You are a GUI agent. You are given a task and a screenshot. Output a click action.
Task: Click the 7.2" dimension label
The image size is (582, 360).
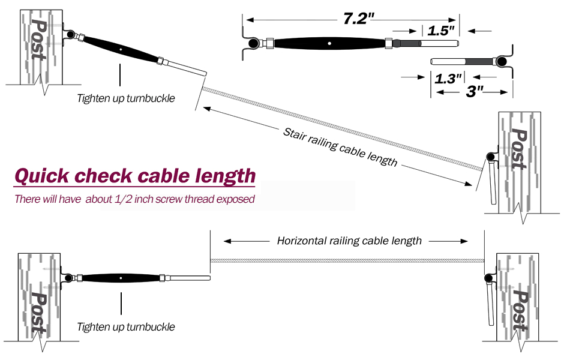pyautogui.click(x=358, y=18)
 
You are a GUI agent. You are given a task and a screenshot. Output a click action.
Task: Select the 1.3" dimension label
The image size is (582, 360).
pyautogui.click(x=448, y=77)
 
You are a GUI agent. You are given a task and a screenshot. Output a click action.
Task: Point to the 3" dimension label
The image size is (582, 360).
pyautogui.click(x=475, y=94)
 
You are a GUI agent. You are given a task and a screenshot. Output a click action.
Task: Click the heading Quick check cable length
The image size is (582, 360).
pyautogui.click(x=134, y=176)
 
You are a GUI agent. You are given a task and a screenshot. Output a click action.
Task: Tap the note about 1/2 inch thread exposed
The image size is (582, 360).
pyautogui.click(x=134, y=199)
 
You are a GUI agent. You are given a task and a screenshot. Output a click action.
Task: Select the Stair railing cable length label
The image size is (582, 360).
pyautogui.click(x=340, y=146)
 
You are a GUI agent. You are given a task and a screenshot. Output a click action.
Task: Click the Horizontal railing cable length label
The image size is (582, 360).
pyautogui.click(x=349, y=241)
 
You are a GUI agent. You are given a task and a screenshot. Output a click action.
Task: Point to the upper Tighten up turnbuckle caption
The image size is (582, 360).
pyautogui.click(x=126, y=98)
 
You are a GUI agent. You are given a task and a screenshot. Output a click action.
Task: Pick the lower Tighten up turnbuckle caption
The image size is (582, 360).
pyautogui.click(x=126, y=327)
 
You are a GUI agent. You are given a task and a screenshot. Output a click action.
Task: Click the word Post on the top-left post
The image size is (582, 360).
pyautogui.click(x=40, y=39)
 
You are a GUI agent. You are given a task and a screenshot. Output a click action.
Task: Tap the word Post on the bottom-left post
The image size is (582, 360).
pyautogui.click(x=38, y=311)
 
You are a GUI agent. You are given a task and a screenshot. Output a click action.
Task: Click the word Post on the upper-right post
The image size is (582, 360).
pyautogui.click(x=520, y=149)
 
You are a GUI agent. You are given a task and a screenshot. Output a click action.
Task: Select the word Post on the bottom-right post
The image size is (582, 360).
pyautogui.click(x=520, y=311)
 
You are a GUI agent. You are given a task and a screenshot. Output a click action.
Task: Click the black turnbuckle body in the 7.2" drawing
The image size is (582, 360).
pyautogui.click(x=329, y=43)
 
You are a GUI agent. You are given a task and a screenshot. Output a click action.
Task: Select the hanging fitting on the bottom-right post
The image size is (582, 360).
pyautogui.click(x=491, y=303)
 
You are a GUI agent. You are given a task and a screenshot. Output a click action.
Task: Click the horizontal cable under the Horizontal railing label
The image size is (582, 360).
pyautogui.click(x=348, y=261)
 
